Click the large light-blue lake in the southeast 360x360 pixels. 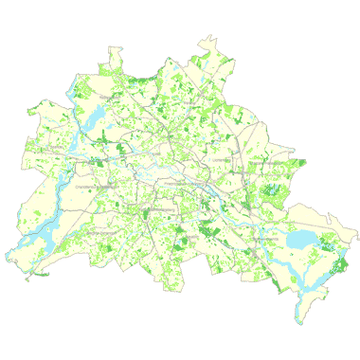click(x=300, y=239)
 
